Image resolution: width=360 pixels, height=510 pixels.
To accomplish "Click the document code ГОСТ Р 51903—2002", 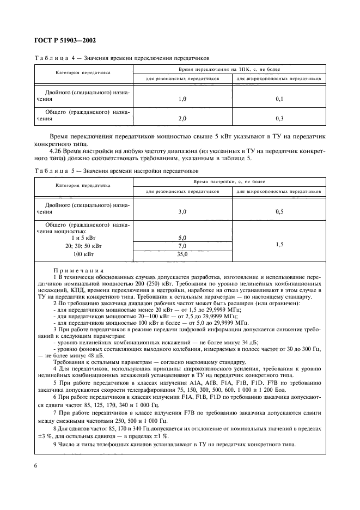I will click(x=62, y=41).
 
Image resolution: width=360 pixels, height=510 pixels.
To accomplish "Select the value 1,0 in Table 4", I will click(x=182, y=99).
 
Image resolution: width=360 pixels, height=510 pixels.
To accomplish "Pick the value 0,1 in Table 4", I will click(x=279, y=99).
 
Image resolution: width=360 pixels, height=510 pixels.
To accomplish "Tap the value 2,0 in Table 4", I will click(x=182, y=118).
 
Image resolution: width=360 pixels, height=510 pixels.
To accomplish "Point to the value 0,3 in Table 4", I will click(x=279, y=118).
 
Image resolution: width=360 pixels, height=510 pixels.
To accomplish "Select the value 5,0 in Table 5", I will click(x=182, y=238).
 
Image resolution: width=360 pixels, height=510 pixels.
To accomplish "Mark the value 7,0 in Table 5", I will click(x=182, y=246).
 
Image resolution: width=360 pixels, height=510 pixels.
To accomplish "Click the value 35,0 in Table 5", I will click(x=182, y=254).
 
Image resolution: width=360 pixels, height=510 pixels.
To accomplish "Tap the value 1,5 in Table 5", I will click(x=279, y=245).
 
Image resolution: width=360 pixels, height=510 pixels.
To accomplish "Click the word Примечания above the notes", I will click(x=79, y=270).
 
